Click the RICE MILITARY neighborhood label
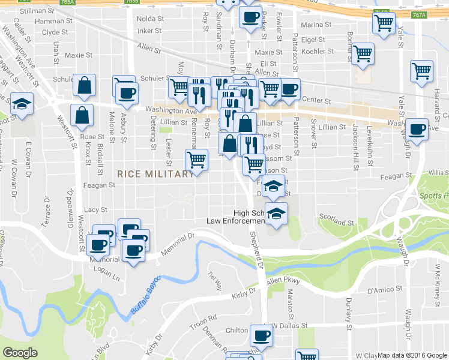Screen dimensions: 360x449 tap(155, 174)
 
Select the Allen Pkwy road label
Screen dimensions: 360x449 tap(283, 280)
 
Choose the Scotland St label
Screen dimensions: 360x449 tap(333, 216)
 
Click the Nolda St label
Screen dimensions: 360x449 tap(149, 19)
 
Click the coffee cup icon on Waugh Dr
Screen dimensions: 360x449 tap(417, 128)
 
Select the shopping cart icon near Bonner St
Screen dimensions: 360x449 tap(363, 53)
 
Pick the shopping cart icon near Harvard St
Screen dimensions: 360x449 tap(421, 70)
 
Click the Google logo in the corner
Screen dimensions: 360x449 tap(20, 353)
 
